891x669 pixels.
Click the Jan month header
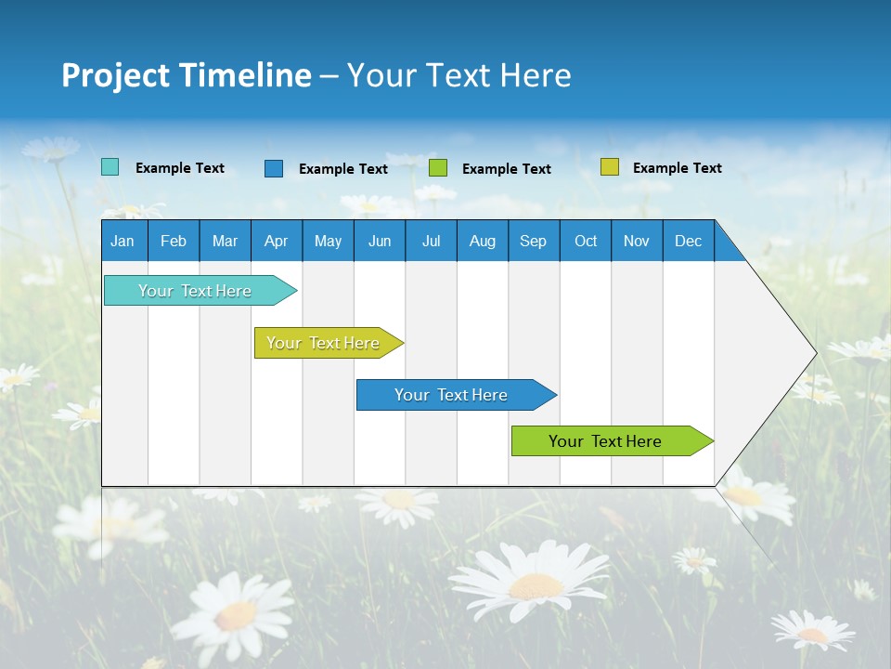point(123,241)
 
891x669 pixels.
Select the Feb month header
point(174,241)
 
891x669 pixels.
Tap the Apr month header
point(276,241)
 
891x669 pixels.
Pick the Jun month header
point(380,241)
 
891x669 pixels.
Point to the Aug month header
point(482,241)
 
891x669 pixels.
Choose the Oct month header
point(586,241)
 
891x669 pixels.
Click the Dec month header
point(688,241)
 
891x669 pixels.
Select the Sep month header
point(533,241)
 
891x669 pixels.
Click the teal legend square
point(110,167)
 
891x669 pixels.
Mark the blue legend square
point(274,168)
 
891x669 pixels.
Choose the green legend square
point(438,168)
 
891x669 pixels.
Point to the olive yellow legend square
point(609,167)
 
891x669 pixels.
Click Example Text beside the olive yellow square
point(677,168)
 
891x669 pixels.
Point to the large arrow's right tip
point(815,353)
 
